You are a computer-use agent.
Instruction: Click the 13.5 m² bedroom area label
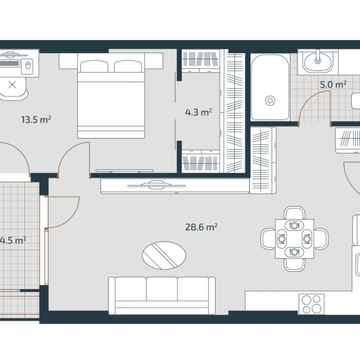[x=36, y=120]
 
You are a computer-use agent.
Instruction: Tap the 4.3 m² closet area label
[x=198, y=112]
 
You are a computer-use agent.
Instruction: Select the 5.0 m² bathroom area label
[x=333, y=84]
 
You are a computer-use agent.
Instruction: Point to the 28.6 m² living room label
[x=201, y=227]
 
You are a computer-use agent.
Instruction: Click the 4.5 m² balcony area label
[x=12, y=240]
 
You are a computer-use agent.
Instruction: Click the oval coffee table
[x=164, y=255]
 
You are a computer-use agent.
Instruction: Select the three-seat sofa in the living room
[x=162, y=295]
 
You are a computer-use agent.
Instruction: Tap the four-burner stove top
[x=312, y=304]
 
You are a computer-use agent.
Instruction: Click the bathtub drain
[x=270, y=100]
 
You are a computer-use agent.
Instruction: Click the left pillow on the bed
[x=94, y=66]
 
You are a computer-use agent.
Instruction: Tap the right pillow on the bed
[x=128, y=66]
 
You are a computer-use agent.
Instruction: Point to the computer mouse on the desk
[x=28, y=66]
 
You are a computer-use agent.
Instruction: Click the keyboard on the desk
[x=9, y=63]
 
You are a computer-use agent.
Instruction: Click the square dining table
[x=294, y=239]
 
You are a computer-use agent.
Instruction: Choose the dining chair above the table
[x=294, y=213]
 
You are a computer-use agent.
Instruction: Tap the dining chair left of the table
[x=268, y=239]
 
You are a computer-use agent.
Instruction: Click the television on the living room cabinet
[x=156, y=185]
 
